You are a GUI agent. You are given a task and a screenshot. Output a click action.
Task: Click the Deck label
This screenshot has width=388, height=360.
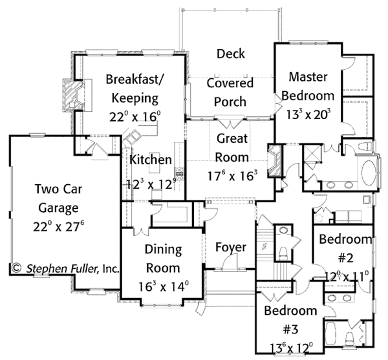230,54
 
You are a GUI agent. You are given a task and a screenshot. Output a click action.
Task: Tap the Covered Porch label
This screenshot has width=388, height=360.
230,92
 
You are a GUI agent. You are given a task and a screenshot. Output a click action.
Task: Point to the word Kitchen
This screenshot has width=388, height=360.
151,160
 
